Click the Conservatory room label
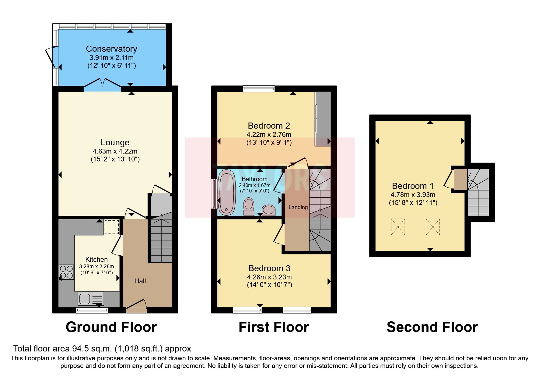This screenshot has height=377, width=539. pyautogui.click(x=111, y=49)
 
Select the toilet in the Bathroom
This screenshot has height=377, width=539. pyautogui.click(x=249, y=207)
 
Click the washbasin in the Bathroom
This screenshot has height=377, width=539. pyautogui.click(x=269, y=210)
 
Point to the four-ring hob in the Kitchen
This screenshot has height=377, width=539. pyautogui.click(x=66, y=272)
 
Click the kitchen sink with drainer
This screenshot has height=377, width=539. pyautogui.click(x=91, y=299)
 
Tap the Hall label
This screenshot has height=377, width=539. pyautogui.click(x=140, y=281)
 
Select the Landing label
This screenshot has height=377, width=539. pyautogui.click(x=298, y=207)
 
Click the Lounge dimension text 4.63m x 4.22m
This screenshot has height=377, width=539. pyautogui.click(x=115, y=151)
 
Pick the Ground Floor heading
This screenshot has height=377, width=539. pyautogui.click(x=111, y=327)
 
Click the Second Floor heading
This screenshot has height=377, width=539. pyautogui.click(x=432, y=327)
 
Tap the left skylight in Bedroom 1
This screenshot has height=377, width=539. pyautogui.click(x=398, y=227)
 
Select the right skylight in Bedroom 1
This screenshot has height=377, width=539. pyautogui.click(x=432, y=227)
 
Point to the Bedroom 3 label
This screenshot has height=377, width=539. pyautogui.click(x=269, y=268)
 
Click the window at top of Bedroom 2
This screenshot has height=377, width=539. pyautogui.click(x=259, y=89)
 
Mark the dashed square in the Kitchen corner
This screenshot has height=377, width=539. pyautogui.click(x=111, y=227)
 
